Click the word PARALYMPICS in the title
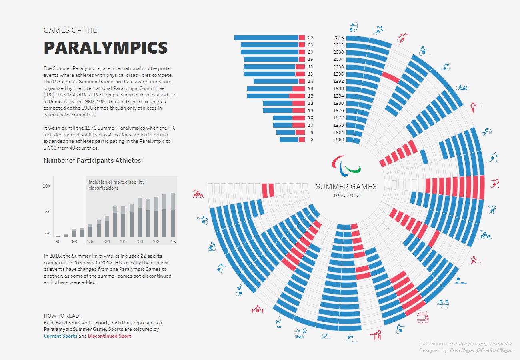pos(106,48)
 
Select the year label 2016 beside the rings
pos(338,38)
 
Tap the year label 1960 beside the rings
pos(338,140)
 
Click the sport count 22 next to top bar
pos(311,38)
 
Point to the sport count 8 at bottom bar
pos(312,140)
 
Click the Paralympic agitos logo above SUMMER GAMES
pos(346,165)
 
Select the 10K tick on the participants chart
pos(47,186)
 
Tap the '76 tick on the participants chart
pos(90,242)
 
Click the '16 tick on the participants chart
pos(173,242)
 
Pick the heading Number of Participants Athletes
pos(93,161)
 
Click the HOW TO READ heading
pos(62,316)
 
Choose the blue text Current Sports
pos(60,336)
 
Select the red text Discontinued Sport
pos(110,336)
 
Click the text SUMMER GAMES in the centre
pos(346,187)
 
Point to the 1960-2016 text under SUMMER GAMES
pos(346,196)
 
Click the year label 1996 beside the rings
pos(338,74)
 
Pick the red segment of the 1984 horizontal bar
pos(297,96)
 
